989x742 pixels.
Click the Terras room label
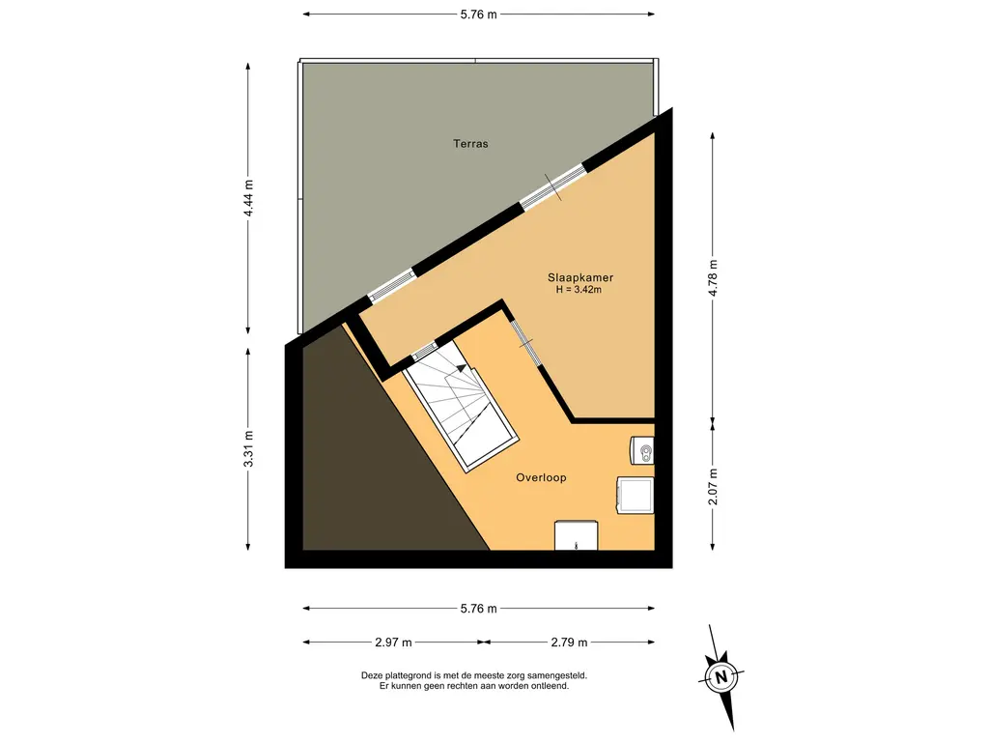click(x=470, y=144)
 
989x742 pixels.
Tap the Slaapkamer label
click(x=580, y=277)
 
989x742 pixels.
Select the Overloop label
click(x=541, y=477)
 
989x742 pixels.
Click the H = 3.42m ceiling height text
click(x=579, y=290)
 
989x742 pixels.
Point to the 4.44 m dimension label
click(x=248, y=198)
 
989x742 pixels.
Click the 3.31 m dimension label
click(x=248, y=449)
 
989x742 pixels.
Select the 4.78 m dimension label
click(x=714, y=277)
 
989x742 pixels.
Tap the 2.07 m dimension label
click(x=714, y=487)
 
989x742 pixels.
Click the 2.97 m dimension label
click(x=393, y=642)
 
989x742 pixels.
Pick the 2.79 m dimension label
click(x=569, y=642)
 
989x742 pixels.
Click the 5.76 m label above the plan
click(x=479, y=14)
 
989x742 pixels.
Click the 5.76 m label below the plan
click(x=479, y=609)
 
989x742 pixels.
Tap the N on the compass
click(x=721, y=677)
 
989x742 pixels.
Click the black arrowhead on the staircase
click(x=462, y=368)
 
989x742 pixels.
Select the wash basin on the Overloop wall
click(x=642, y=451)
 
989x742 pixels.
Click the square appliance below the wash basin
click(x=636, y=496)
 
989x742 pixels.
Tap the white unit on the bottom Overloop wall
click(x=576, y=535)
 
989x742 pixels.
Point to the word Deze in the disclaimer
click(x=372, y=675)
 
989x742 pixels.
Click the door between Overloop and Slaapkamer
click(x=525, y=343)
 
